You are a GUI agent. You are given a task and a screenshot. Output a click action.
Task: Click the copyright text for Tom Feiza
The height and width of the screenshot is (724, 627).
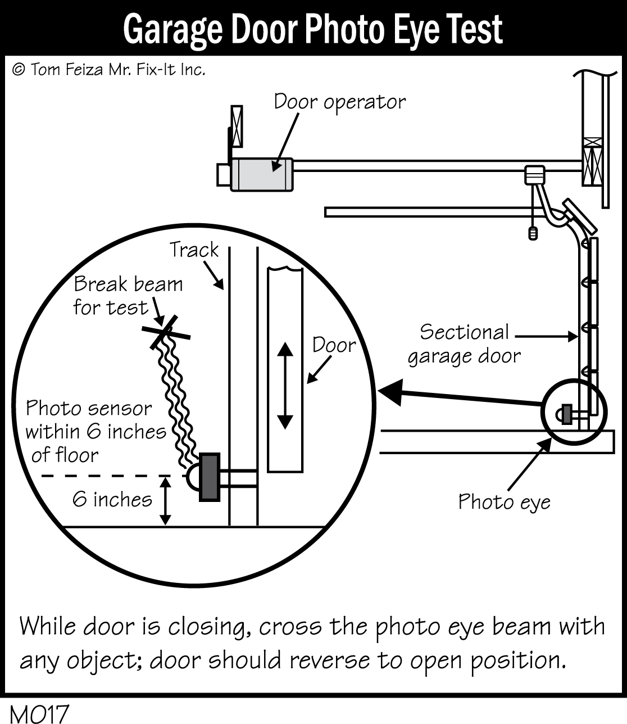coord(108,69)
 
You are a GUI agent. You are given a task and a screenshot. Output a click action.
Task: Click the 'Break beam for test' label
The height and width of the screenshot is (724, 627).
coord(128,296)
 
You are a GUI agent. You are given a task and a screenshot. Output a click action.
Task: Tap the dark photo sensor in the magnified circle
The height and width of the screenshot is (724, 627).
coord(210,477)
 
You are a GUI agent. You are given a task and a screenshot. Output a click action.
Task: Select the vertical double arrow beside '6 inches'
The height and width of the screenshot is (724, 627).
coord(165,501)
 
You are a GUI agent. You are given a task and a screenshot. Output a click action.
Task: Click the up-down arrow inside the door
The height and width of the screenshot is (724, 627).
coord(285,386)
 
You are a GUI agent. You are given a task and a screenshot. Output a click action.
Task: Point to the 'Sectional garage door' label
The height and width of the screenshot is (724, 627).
coord(464,344)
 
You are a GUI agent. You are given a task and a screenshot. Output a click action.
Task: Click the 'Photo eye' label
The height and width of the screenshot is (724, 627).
coord(504,501)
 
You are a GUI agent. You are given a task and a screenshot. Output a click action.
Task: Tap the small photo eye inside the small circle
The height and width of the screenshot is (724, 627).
coord(567,415)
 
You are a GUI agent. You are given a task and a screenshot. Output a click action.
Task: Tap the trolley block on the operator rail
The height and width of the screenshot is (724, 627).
coord(535,175)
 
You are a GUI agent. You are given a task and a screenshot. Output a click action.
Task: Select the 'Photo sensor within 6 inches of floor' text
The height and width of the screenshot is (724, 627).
coord(96,431)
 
